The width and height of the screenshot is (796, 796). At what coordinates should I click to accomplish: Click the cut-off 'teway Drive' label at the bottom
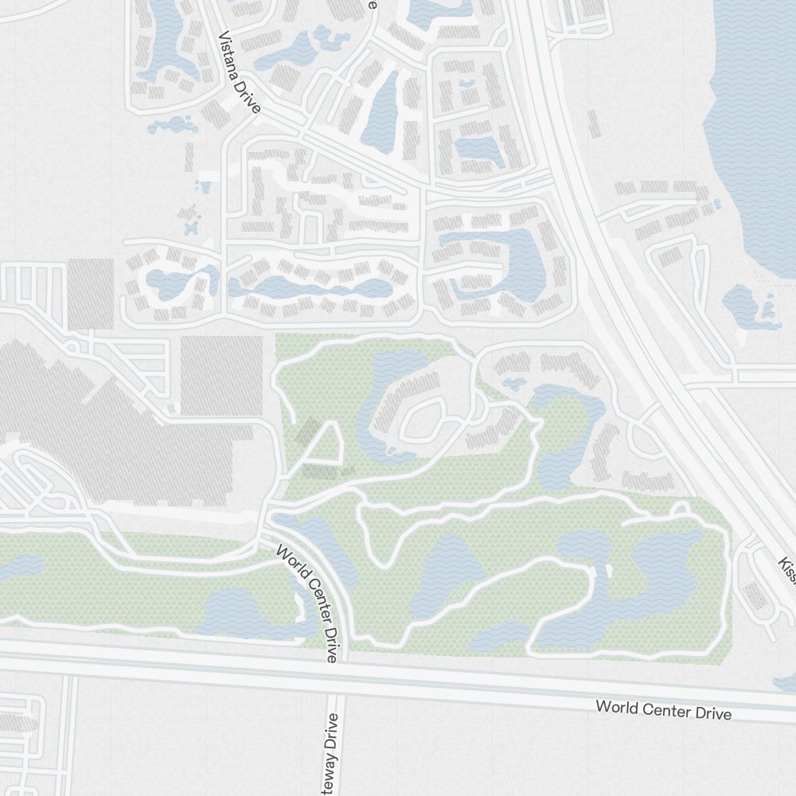tap(332, 752)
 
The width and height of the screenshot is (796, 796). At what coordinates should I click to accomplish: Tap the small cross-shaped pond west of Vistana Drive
tap(191, 228)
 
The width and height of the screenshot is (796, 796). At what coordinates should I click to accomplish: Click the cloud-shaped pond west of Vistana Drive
tap(172, 125)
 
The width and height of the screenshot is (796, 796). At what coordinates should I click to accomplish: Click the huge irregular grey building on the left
tap(103, 430)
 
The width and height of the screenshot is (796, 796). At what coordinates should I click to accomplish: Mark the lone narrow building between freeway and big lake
tap(593, 123)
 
